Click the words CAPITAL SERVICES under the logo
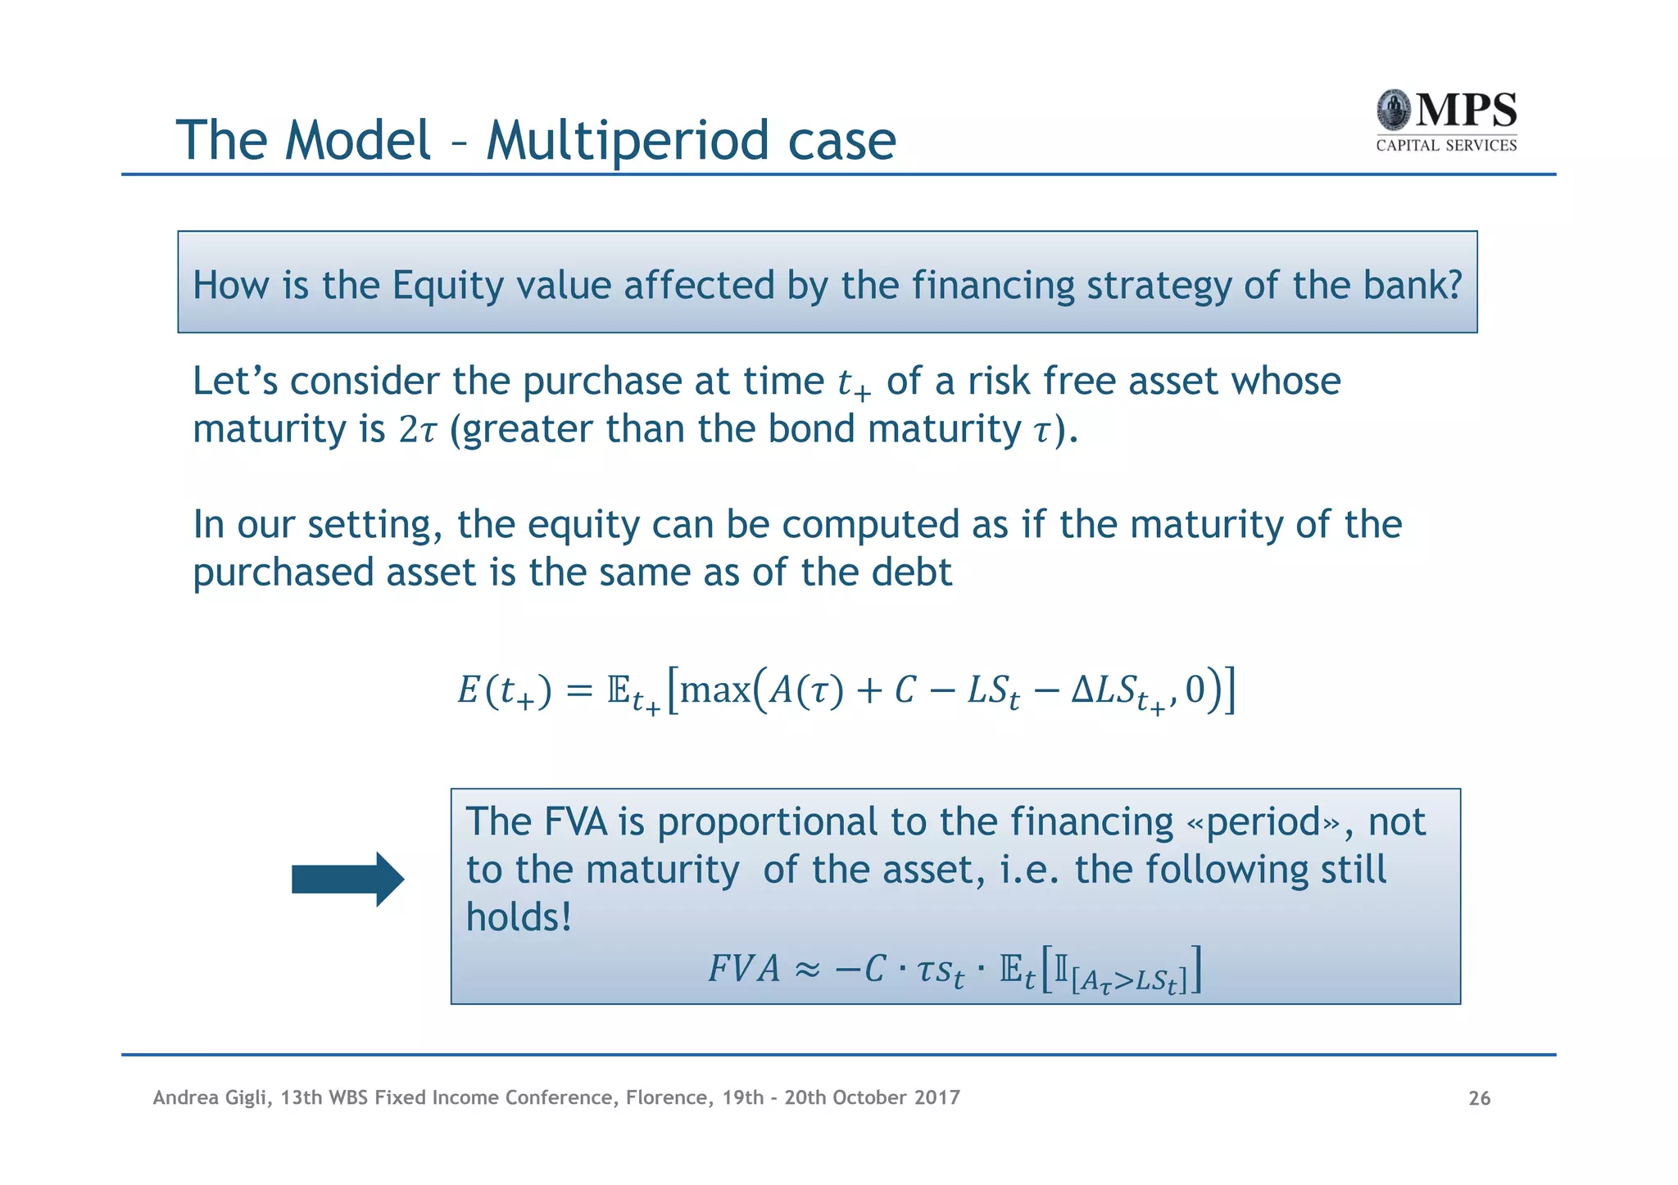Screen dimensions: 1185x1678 point(1446,146)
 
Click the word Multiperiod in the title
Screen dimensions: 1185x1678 point(627,140)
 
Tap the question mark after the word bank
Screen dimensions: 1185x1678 point(1454,285)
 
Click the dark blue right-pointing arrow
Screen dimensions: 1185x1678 point(348,880)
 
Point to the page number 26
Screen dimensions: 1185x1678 point(1479,1098)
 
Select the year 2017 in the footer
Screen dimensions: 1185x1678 point(937,1097)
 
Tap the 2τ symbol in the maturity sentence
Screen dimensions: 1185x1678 point(418,430)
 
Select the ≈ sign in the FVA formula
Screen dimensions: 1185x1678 point(807,970)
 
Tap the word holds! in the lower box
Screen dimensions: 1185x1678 point(519,917)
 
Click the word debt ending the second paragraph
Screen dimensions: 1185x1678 point(911,572)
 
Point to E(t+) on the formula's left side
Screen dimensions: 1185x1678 point(504,691)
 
